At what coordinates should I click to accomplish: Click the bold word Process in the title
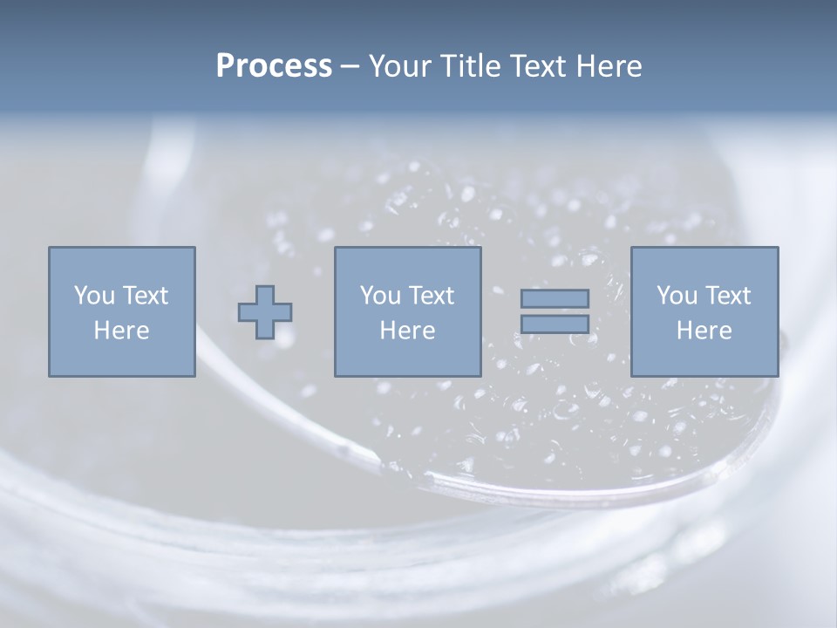[274, 66]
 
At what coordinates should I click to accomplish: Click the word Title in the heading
[470, 66]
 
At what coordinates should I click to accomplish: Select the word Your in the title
[402, 66]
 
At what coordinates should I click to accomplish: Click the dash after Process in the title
[350, 66]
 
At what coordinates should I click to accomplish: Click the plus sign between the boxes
[265, 312]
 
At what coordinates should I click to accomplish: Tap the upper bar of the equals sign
[555, 298]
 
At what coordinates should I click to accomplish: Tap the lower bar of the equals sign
[555, 324]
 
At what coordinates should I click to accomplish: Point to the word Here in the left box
[121, 331]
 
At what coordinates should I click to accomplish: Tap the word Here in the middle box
[407, 331]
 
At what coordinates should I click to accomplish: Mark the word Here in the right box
[704, 331]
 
